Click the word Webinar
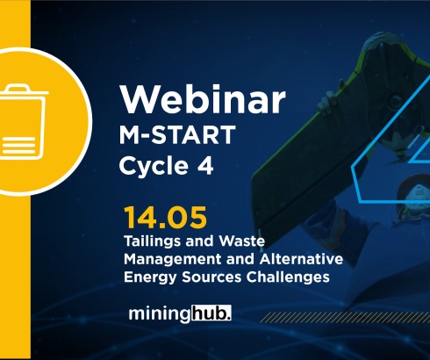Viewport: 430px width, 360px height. coord(202,100)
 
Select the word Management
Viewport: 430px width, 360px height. coord(169,259)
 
